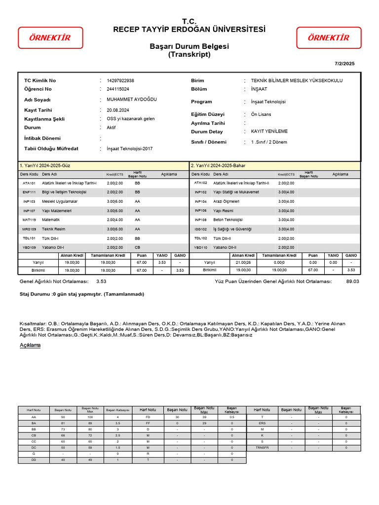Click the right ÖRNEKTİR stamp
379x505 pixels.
click(328, 38)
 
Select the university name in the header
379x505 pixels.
click(189, 30)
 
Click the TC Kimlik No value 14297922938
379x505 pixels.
click(120, 80)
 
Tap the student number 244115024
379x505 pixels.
click(117, 89)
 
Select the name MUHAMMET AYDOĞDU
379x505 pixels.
click(131, 99)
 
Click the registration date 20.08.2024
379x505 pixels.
click(118, 110)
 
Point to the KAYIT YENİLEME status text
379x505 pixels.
click(269, 132)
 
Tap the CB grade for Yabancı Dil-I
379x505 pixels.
click(137, 248)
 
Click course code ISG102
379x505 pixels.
click(201, 229)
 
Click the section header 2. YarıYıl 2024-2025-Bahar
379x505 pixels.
click(218, 166)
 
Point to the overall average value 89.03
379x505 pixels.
click(352, 281)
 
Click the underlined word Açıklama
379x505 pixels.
click(30, 345)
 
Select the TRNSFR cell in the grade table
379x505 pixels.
click(262, 448)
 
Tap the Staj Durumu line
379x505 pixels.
click(81, 294)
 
